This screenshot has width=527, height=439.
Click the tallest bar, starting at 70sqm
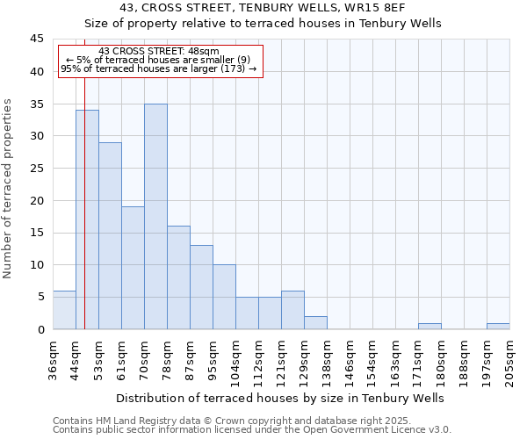tap(155, 217)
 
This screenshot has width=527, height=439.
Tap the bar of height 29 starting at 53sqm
tap(110, 235)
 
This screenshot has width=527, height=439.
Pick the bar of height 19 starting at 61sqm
tap(133, 268)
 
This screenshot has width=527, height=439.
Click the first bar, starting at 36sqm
tap(64, 310)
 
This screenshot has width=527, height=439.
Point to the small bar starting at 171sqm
tap(430, 326)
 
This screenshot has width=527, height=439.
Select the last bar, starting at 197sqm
tap(498, 326)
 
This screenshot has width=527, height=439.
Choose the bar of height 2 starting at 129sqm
tap(315, 322)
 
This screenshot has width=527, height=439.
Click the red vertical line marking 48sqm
tap(84, 193)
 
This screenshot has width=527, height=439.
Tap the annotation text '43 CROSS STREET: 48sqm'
tap(159, 52)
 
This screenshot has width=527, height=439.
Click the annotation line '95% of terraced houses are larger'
tap(159, 68)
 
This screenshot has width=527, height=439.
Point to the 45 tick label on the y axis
tap(37, 40)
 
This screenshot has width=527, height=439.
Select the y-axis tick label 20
tap(37, 200)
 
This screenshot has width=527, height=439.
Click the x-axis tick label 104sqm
tap(235, 360)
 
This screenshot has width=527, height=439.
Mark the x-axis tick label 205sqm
tap(509, 360)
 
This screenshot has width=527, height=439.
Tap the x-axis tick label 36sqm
tap(53, 360)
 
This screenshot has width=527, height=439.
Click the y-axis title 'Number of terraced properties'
tap(9, 188)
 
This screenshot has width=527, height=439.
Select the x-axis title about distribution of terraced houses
tap(279, 398)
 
